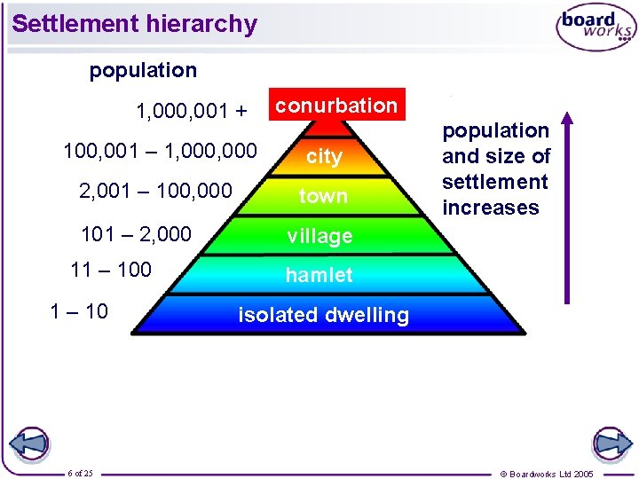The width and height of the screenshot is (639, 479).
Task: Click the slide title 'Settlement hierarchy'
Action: pyautogui.click(x=135, y=23)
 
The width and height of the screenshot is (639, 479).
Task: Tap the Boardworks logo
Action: pyautogui.click(x=596, y=28)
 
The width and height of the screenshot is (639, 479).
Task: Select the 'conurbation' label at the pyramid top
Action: pyautogui.click(x=336, y=105)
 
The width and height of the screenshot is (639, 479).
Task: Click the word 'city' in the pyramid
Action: pyautogui.click(x=324, y=157)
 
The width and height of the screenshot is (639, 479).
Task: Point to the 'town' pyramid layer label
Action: pyautogui.click(x=323, y=196)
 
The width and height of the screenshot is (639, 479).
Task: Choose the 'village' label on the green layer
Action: pyautogui.click(x=319, y=236)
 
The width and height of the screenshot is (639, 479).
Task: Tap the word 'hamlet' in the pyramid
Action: pyautogui.click(x=319, y=275)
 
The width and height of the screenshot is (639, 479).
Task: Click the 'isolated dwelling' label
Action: pyautogui.click(x=323, y=315)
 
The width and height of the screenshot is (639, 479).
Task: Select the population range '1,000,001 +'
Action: pyautogui.click(x=192, y=112)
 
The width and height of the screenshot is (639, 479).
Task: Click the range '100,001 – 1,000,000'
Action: pyautogui.click(x=161, y=152)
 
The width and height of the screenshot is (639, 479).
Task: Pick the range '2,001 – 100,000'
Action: pyautogui.click(x=155, y=191)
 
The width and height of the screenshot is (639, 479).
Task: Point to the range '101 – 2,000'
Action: pyautogui.click(x=136, y=234)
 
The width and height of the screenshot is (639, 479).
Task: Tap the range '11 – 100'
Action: pyautogui.click(x=111, y=270)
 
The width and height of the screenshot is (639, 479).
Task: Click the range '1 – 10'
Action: pyautogui.click(x=79, y=310)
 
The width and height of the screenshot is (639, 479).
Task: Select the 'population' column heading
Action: pyautogui.click(x=144, y=70)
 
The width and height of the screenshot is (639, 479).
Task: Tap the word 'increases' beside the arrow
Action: pyautogui.click(x=491, y=208)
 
